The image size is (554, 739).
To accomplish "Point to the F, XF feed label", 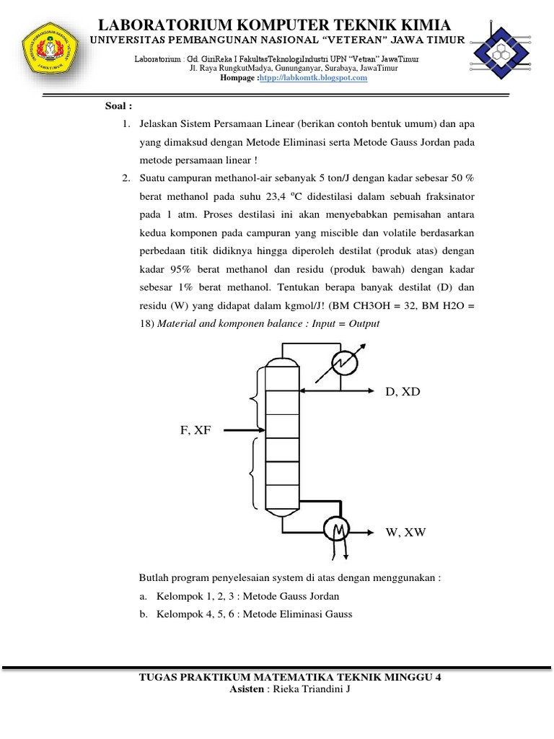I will pos(195,430).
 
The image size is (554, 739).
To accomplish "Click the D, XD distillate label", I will pos(403,392).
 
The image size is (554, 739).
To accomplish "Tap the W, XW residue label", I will pos(405,533).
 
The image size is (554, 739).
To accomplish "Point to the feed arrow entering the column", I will pos(241,431).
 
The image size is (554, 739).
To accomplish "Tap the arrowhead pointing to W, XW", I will pos(372,533).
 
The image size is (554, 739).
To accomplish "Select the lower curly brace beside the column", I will pos(252,473).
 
